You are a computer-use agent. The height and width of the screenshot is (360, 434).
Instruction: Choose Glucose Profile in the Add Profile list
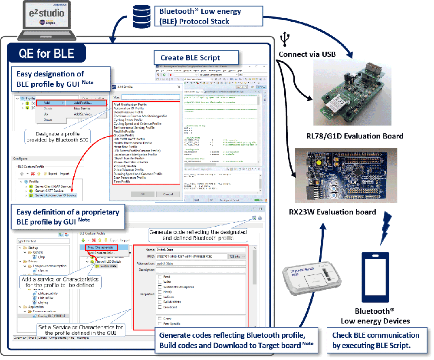pos(124,135)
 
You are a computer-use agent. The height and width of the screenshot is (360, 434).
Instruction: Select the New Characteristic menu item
pos(100,247)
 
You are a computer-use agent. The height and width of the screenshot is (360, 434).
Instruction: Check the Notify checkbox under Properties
pos(161,292)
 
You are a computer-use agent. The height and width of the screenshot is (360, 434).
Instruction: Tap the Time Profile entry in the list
pos(122,182)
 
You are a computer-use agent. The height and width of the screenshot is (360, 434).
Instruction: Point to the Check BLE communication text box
pos(375,340)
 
